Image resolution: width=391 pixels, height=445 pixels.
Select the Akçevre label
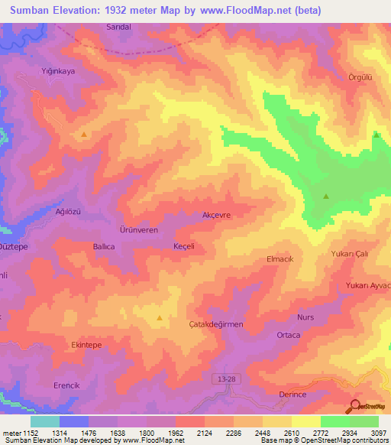tap(216, 215)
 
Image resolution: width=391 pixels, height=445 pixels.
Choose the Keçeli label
tap(184, 246)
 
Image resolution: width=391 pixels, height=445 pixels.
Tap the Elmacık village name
tap(280, 259)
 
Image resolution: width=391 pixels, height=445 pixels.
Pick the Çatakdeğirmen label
tap(215, 324)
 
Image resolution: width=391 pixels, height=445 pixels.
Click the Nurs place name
tap(305, 317)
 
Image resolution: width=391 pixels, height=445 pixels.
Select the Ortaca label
tap(288, 335)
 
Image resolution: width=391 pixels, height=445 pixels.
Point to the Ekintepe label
tap(86, 346)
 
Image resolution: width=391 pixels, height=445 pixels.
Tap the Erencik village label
tap(66, 385)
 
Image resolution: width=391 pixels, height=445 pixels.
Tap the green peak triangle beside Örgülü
tap(376, 135)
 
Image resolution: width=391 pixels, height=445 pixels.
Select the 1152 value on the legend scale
tap(29, 432)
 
